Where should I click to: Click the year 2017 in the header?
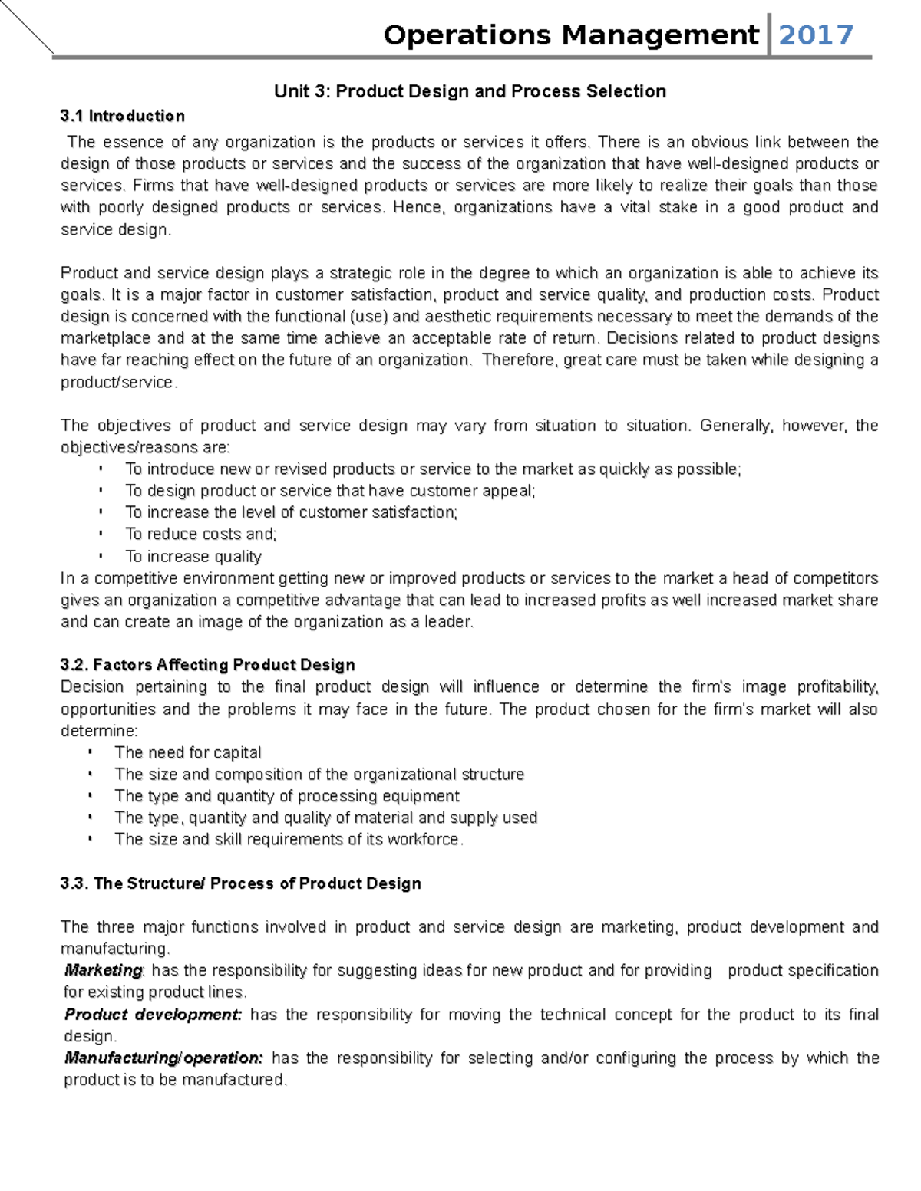pyautogui.click(x=816, y=35)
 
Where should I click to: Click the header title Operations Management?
pyautogui.click(x=570, y=35)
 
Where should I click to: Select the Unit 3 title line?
pyautogui.click(x=470, y=92)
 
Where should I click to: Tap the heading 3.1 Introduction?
pyautogui.click(x=122, y=116)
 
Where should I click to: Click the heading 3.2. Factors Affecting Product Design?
pyautogui.click(x=207, y=665)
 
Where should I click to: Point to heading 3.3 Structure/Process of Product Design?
pyautogui.click(x=240, y=883)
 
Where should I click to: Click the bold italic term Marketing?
pyautogui.click(x=104, y=970)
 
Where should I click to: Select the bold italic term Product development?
pyautogui.click(x=153, y=1015)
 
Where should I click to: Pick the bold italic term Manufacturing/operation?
pyautogui.click(x=163, y=1058)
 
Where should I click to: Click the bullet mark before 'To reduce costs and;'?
pyautogui.click(x=101, y=534)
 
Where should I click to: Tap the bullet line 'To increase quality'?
pyautogui.click(x=193, y=556)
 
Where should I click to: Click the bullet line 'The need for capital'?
pyautogui.click(x=188, y=752)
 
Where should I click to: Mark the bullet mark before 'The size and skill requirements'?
pyautogui.click(x=91, y=839)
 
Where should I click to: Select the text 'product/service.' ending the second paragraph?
pyautogui.click(x=119, y=382)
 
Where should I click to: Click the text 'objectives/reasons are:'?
pyautogui.click(x=145, y=447)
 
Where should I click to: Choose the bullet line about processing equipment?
pyautogui.click(x=287, y=796)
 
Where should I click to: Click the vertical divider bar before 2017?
pyautogui.click(x=769, y=35)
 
